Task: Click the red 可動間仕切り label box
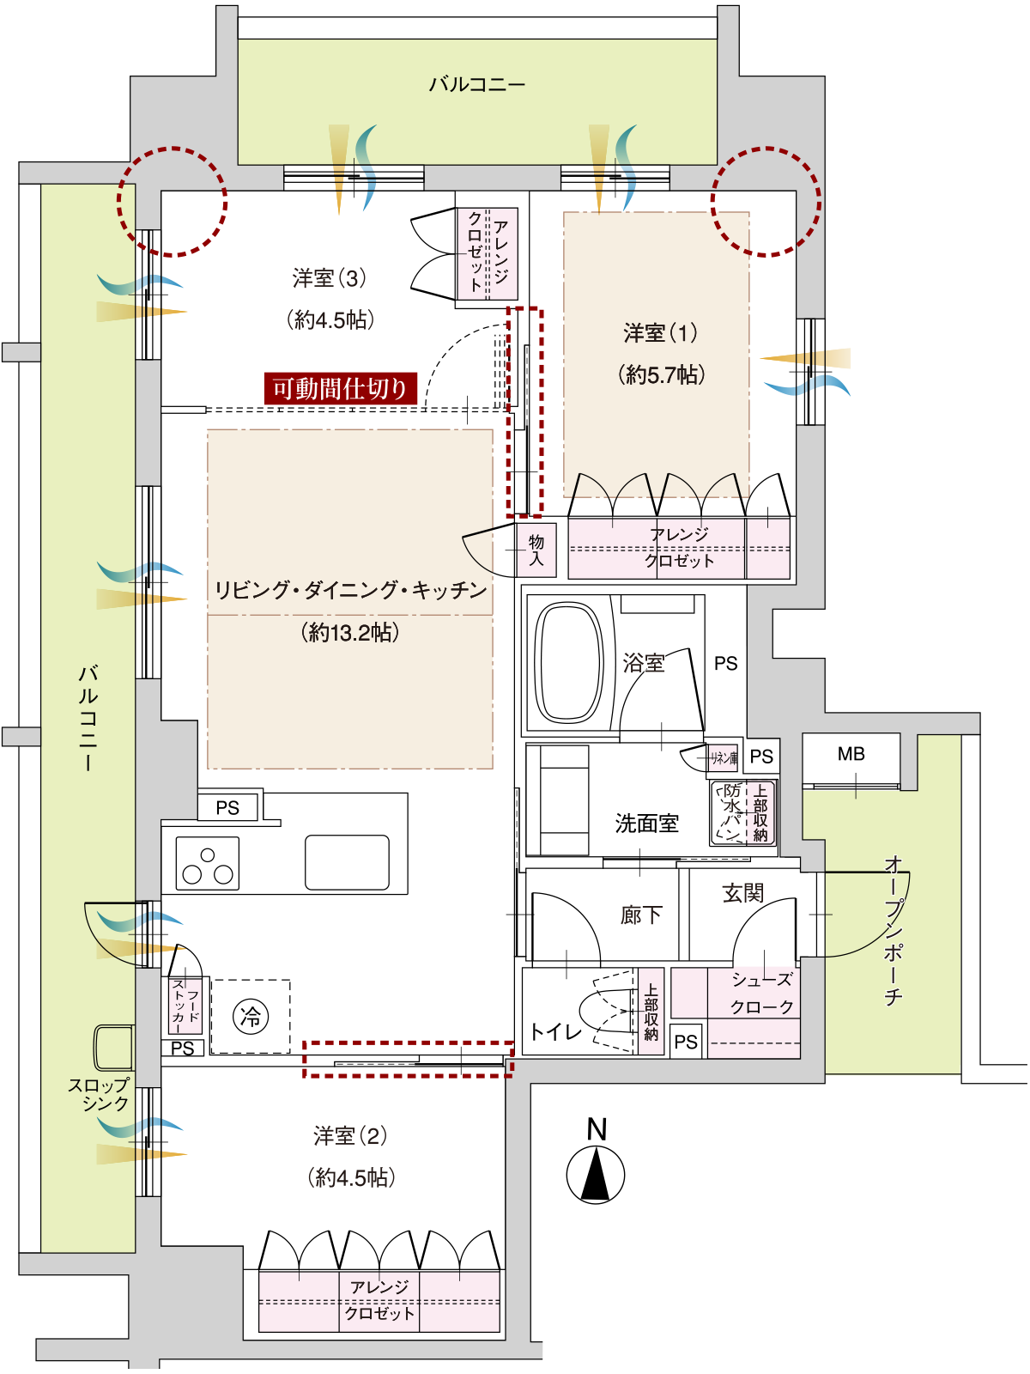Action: coord(340,389)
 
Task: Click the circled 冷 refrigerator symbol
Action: coord(251,1016)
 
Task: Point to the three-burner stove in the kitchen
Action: coord(208,863)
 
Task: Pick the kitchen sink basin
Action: coord(347,862)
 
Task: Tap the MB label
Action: coord(851,754)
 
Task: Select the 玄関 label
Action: coord(743,893)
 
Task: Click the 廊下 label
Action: coord(641,915)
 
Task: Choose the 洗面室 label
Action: coord(646,824)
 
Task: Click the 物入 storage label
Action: coord(536,550)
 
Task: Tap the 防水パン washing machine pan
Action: coord(729,812)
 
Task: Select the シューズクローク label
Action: coord(761,993)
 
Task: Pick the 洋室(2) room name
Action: coord(350,1136)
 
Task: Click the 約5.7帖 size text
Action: coord(662,375)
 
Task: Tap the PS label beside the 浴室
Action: coord(725,664)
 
